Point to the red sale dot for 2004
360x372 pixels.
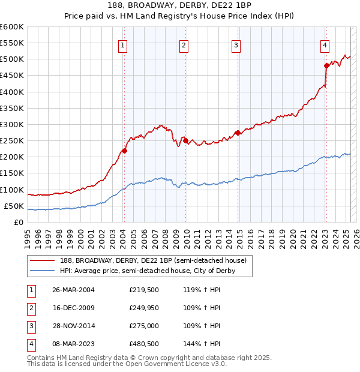point(125,151)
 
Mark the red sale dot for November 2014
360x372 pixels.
point(238,133)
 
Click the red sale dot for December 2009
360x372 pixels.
point(185,141)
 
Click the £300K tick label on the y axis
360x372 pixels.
point(12,125)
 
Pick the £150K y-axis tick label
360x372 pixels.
point(12,173)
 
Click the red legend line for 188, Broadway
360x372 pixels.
point(43,260)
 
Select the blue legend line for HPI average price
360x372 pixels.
point(43,271)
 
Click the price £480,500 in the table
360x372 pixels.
point(145,344)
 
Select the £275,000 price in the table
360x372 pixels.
point(145,326)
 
